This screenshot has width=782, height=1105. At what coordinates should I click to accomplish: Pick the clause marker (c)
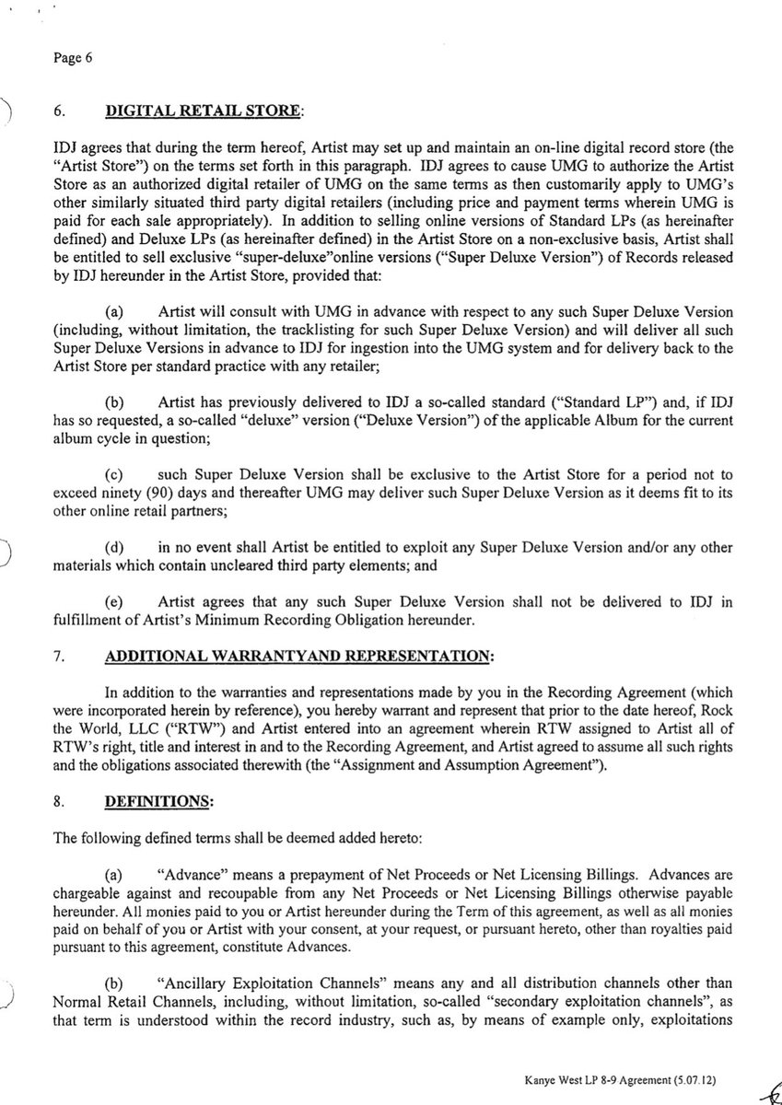(120, 476)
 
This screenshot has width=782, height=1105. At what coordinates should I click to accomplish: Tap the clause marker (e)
(120, 602)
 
